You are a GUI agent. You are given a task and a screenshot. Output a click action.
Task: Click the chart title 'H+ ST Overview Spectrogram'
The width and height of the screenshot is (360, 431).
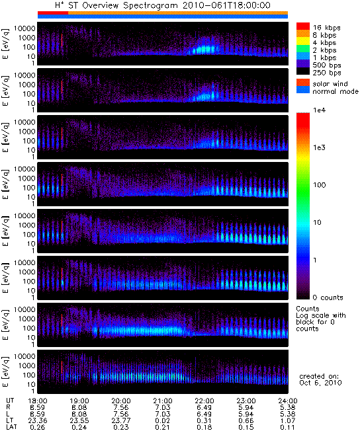[x=116, y=5]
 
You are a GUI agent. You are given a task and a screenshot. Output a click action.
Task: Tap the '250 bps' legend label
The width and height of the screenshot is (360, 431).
[x=327, y=73]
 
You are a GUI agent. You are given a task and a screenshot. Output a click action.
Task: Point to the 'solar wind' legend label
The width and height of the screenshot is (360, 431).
[x=330, y=83]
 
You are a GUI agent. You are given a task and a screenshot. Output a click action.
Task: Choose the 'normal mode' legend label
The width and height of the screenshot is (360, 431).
[x=336, y=91]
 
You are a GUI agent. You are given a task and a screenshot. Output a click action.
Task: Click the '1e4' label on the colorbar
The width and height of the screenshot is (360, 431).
[x=319, y=110]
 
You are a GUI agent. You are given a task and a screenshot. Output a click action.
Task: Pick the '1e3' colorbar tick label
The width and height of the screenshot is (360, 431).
[x=319, y=147]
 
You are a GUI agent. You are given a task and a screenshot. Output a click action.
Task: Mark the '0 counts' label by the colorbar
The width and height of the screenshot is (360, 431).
[x=328, y=297]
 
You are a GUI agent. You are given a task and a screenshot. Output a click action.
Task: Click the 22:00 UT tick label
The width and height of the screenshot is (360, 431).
[x=204, y=401]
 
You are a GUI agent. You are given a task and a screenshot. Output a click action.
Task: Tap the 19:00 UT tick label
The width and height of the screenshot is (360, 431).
[x=79, y=401]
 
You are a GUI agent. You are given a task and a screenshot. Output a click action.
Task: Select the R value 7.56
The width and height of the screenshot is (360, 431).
[x=121, y=407]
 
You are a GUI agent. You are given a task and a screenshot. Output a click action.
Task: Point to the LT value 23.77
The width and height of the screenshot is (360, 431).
[x=121, y=420]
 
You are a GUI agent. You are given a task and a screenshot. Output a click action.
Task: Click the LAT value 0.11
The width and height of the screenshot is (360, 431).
[x=288, y=427]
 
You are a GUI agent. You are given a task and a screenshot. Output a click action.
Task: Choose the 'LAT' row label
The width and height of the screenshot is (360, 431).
[x=11, y=427]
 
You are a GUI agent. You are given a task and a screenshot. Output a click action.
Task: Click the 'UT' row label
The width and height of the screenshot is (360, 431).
[x=10, y=401]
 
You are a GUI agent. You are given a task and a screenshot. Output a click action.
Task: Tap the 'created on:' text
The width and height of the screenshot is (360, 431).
[x=319, y=376]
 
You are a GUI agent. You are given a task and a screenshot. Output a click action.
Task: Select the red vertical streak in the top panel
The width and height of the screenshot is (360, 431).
[x=62, y=41]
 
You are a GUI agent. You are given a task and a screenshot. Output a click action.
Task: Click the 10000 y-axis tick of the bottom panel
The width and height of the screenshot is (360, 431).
[x=24, y=356]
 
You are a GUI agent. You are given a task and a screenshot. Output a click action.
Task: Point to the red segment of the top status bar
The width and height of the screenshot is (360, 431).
[x=53, y=13]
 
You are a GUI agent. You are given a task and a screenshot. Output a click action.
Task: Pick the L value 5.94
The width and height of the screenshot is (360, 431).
[x=246, y=414]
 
